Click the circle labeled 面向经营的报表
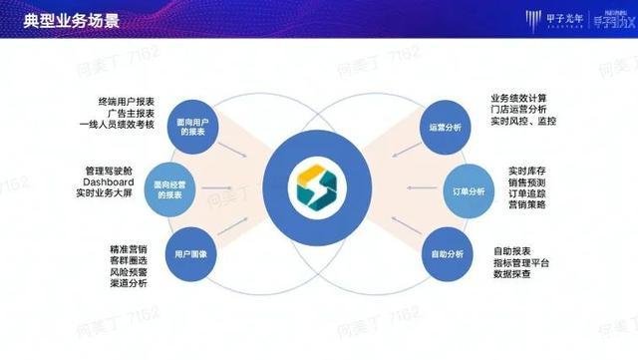click(x=181, y=190)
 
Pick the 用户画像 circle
click(x=195, y=255)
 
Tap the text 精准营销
click(x=128, y=247)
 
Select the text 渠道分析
click(x=128, y=283)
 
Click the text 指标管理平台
click(x=524, y=260)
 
